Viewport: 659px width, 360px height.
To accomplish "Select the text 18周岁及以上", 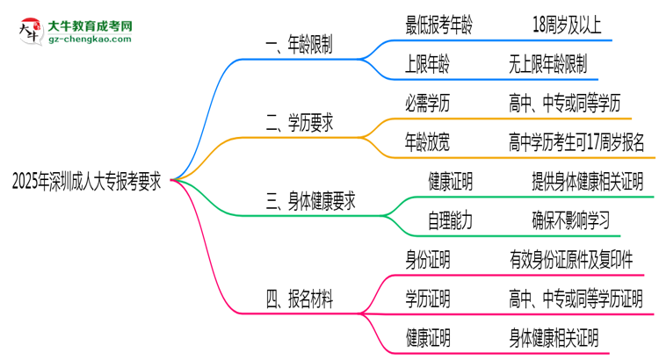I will pyautogui.click(x=567, y=26).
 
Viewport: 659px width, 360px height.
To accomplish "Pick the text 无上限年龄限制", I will pyautogui.click(x=547, y=65).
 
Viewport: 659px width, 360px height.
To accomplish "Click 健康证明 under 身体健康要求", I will pyautogui.click(x=450, y=182).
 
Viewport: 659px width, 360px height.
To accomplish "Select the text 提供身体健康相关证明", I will pyautogui.click(x=587, y=182).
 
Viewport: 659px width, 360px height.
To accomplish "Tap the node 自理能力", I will pyautogui.click(x=450, y=220).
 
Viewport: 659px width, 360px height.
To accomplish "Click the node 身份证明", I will pyautogui.click(x=427, y=259).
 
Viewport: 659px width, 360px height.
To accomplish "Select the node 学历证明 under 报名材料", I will pyautogui.click(x=427, y=299).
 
